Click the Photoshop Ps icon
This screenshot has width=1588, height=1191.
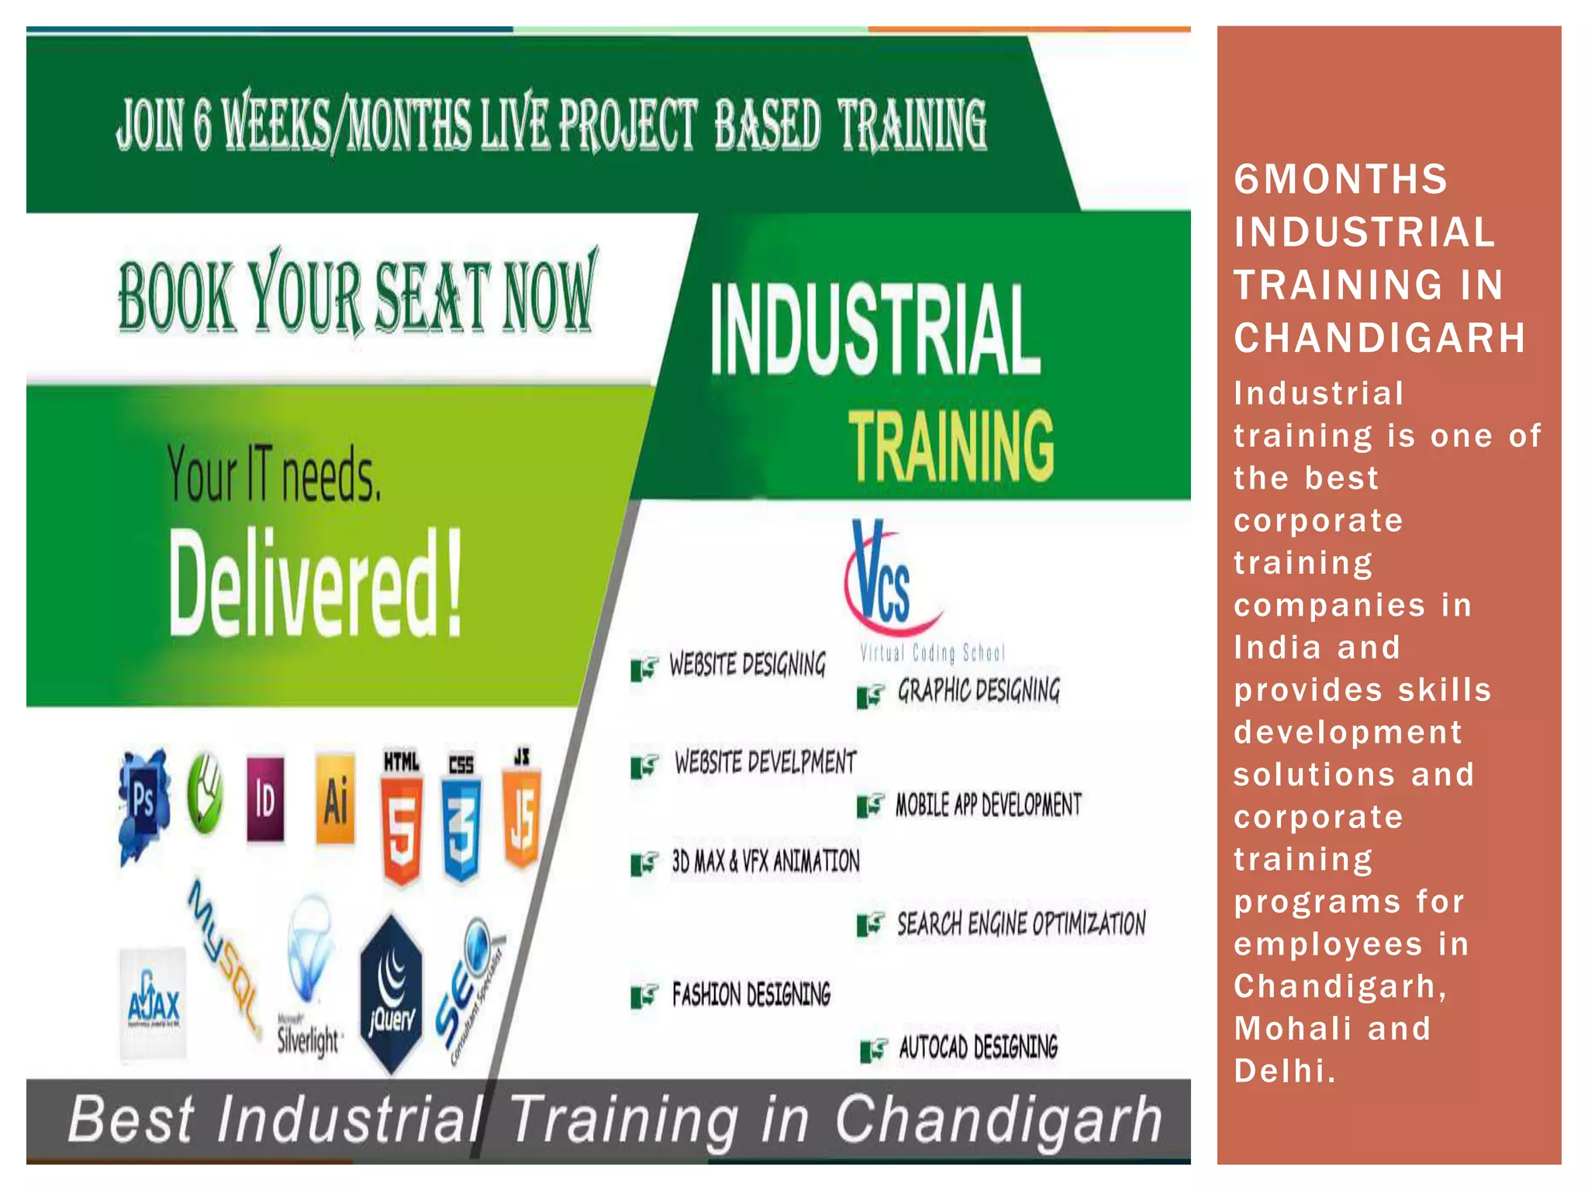(x=144, y=803)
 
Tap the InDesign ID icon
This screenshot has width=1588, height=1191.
(x=265, y=799)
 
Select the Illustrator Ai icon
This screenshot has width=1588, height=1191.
(x=335, y=799)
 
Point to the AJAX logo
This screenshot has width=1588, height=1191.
(x=154, y=1004)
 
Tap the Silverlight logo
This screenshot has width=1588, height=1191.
(x=309, y=977)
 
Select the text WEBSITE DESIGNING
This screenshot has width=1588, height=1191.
(x=747, y=665)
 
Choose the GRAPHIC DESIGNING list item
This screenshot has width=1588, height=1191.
(x=979, y=690)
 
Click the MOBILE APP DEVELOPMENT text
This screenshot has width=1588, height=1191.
(x=988, y=806)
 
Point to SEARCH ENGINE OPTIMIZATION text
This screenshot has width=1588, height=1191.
(x=1021, y=923)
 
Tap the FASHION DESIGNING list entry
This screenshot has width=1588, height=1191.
(x=751, y=994)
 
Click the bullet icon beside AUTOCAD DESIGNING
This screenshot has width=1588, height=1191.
(x=873, y=1050)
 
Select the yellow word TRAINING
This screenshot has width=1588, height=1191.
(x=951, y=445)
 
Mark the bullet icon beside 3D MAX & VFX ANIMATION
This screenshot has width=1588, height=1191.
(x=644, y=863)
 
